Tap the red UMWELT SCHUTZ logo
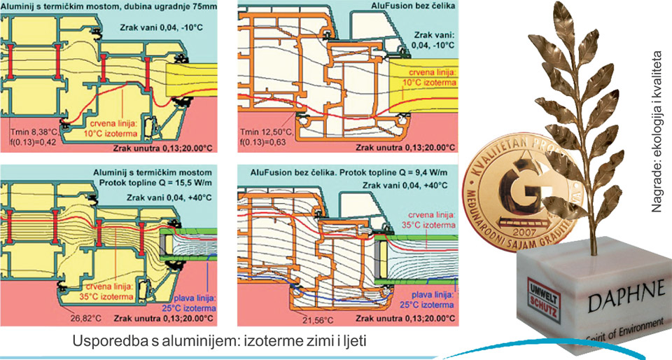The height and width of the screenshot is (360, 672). click(x=537, y=293)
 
